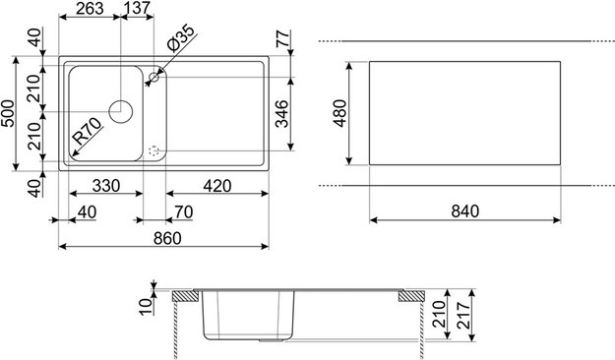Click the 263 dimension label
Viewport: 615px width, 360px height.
tap(90, 9)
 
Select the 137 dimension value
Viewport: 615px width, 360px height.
tap(137, 9)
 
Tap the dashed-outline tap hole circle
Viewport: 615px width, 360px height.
tap(153, 151)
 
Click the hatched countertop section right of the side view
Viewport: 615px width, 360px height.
tap(408, 295)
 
